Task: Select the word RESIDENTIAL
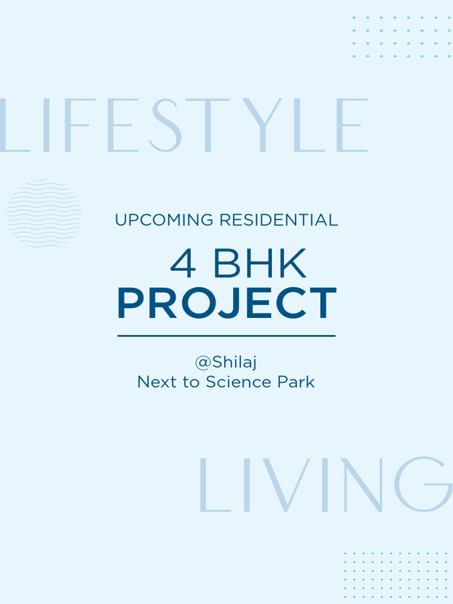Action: pyautogui.click(x=278, y=221)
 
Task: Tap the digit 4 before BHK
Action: pyautogui.click(x=183, y=265)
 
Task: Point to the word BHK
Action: pyautogui.click(x=260, y=265)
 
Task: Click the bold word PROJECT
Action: pyautogui.click(x=226, y=304)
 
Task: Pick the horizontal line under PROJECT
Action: pyautogui.click(x=226, y=336)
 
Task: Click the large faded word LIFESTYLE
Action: pyautogui.click(x=183, y=126)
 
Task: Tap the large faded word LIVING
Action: pyautogui.click(x=324, y=485)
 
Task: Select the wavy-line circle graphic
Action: pyautogui.click(x=44, y=213)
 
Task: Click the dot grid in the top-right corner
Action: pyautogui.click(x=402, y=37)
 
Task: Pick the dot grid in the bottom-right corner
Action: pyautogui.click(x=396, y=575)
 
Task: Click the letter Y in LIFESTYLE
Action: pyautogui.click(x=262, y=126)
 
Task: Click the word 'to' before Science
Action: pyautogui.click(x=191, y=382)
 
